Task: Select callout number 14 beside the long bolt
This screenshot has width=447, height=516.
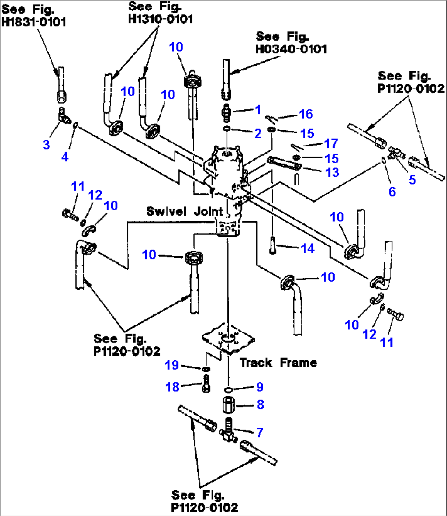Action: point(308,248)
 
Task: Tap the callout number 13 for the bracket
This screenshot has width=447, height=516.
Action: point(332,172)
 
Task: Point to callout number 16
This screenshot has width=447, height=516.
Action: point(306,114)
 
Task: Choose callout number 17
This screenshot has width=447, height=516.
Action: point(331,143)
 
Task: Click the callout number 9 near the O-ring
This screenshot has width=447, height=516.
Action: point(259,387)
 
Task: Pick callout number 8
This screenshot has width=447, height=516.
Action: point(260,405)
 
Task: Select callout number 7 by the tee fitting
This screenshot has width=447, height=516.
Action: point(259,432)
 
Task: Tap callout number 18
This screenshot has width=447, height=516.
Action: point(172,386)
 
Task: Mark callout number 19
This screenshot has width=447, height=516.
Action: point(172,365)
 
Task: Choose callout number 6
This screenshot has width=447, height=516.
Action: point(392,191)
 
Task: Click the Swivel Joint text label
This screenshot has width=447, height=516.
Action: point(185,211)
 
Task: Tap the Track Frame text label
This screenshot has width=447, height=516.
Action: point(278,363)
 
